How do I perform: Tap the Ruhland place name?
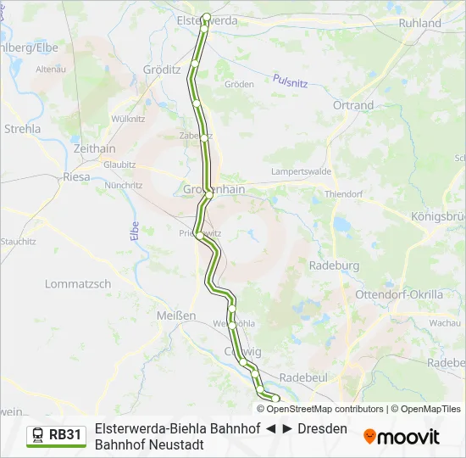coord(420,23)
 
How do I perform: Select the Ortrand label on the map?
coord(352,105)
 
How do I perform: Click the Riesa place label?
coord(76,177)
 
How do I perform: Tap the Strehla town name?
coord(22,129)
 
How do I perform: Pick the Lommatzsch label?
coord(77,284)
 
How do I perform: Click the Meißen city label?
coord(176,315)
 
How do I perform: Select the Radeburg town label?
coord(335,265)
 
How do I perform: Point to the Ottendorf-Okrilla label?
coord(412,294)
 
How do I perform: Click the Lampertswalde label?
coord(301,170)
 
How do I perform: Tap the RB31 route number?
coord(65,435)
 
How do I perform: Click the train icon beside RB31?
coord(38,435)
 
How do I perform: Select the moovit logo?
coord(402,437)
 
